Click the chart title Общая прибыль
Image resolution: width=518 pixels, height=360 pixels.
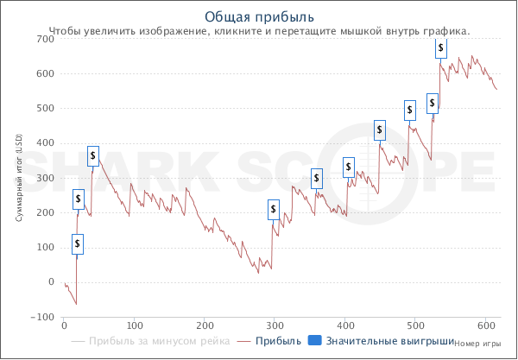point(259,16)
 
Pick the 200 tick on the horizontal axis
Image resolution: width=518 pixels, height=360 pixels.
point(205,325)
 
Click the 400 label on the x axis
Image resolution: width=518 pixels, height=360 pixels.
point(345,325)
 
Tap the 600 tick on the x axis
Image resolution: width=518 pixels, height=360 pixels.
point(486,325)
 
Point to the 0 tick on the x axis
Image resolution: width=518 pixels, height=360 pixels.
point(64,325)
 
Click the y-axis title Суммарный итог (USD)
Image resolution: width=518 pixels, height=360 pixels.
point(19,178)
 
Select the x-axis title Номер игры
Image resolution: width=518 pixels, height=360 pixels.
point(477,342)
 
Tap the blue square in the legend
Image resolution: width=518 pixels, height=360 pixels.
point(314,341)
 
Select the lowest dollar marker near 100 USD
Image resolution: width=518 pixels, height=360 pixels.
point(78,244)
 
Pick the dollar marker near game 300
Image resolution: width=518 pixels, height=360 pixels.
point(274,209)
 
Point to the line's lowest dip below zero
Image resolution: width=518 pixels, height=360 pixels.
point(76,304)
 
